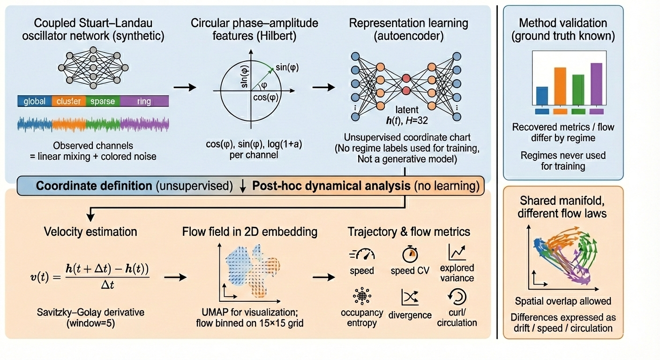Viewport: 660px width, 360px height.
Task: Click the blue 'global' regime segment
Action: coord(34,101)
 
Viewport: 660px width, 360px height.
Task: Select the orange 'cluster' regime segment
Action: coord(68,101)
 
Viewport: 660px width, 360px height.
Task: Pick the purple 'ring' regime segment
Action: coord(144,101)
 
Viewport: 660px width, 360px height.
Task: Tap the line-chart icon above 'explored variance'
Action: coord(457,253)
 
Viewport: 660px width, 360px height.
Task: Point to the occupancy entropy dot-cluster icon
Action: coord(361,297)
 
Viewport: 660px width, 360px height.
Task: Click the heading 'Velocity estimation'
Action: coord(90,232)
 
